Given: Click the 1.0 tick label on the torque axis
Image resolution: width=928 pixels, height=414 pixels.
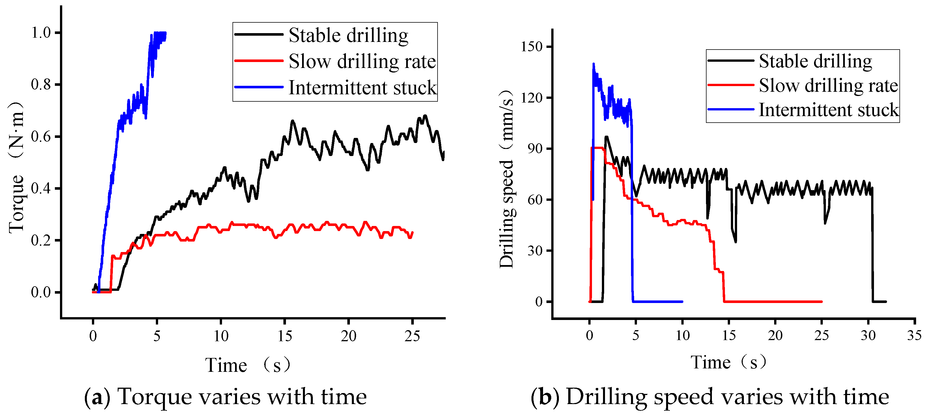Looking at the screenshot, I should coord(41,33).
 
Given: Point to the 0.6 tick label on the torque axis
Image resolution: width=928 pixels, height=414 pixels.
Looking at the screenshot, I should coord(41,137).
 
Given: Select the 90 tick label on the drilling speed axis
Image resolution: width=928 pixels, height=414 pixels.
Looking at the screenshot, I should coord(535,149).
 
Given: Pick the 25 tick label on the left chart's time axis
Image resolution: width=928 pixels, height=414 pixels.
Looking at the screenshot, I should coord(412,336).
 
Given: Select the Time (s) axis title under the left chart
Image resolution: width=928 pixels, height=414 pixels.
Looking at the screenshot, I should coord(248,365).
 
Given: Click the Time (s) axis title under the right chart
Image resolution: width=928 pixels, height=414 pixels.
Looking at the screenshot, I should coord(728,362).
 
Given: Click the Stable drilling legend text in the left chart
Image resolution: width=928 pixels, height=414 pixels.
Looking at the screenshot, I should coord(348,35).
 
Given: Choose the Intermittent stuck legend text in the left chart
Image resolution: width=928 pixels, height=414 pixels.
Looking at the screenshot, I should coord(362,88).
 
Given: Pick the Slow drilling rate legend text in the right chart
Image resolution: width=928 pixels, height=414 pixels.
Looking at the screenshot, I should coord(828,86).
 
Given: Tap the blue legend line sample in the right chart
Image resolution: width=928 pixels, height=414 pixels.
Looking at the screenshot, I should coord(731,109).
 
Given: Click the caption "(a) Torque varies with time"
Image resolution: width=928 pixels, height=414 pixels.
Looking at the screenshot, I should coord(225,397).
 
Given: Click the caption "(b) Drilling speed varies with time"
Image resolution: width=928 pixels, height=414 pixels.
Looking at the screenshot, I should coord(710,397).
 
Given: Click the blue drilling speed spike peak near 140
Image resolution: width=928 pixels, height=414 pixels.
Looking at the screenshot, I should coord(593,65).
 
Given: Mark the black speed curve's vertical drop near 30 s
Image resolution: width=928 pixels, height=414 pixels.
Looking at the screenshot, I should coord(872,245).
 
